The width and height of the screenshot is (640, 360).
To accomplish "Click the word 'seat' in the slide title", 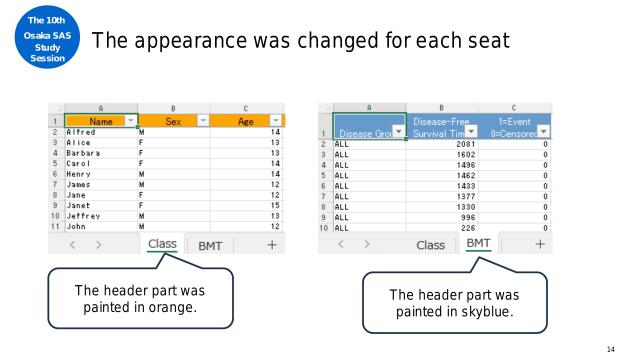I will pyautogui.click(x=487, y=41).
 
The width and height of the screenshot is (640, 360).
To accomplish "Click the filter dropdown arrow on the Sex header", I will pyautogui.click(x=201, y=121).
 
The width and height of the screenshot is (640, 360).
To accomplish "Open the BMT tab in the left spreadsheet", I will pyautogui.click(x=210, y=245).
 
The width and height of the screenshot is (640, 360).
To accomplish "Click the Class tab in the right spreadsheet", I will pyautogui.click(x=430, y=245).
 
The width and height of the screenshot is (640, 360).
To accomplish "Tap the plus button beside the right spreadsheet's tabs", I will pyautogui.click(x=540, y=244).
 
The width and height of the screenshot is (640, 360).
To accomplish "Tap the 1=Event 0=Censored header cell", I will pyautogui.click(x=514, y=126).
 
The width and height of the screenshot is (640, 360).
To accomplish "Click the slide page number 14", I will pyautogui.click(x=611, y=348).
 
